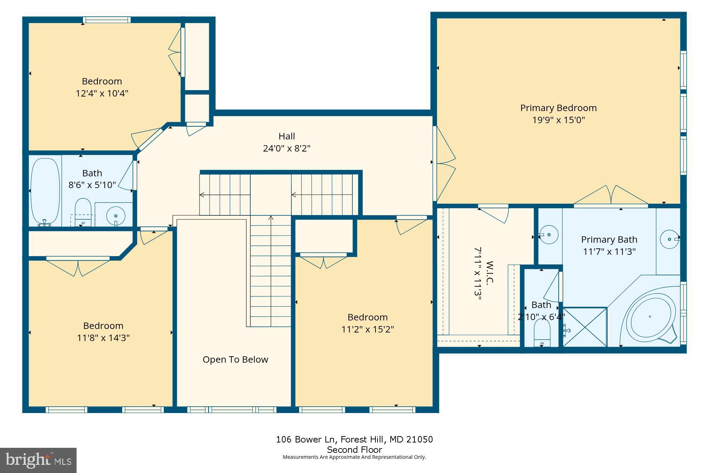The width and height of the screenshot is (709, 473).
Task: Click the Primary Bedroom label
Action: point(558,108)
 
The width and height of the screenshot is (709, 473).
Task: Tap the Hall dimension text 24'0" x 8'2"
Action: point(286,148)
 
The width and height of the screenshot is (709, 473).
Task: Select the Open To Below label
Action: point(235,359)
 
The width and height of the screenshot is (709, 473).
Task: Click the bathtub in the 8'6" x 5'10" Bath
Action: point(45,191)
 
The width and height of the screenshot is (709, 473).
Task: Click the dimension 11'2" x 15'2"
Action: point(368,329)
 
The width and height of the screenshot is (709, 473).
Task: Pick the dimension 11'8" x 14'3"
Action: point(103,338)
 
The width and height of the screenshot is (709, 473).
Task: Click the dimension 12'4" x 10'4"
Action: point(102,93)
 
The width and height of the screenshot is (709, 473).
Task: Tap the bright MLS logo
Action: point(38,460)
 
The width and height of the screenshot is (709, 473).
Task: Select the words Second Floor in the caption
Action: point(354,450)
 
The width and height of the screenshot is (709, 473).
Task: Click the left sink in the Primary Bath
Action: point(549,235)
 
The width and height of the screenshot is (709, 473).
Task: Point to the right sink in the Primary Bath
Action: point(669,239)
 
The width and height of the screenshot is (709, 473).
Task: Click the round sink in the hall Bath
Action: point(116,215)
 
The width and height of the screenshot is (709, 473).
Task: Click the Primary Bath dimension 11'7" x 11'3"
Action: point(609,252)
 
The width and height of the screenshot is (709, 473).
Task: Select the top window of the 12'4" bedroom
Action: point(106,20)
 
